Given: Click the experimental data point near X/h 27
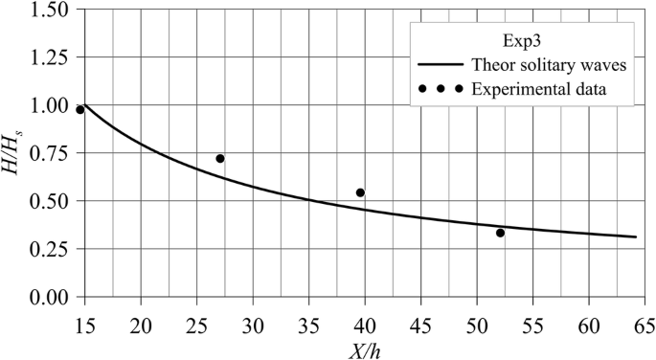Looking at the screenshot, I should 220,159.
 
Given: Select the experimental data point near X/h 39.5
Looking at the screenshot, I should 360,193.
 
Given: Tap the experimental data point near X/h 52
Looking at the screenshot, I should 500,233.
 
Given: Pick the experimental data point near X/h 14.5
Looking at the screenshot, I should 80,110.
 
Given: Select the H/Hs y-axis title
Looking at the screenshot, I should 13,153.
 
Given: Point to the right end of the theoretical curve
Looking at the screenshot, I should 636,236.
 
